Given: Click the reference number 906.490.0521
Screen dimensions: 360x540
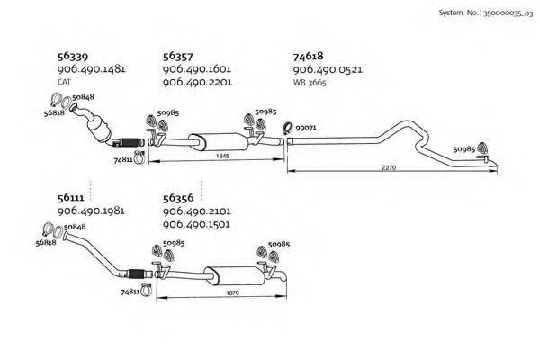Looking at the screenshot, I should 328,69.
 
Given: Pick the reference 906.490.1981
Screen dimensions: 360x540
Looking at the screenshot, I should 90,211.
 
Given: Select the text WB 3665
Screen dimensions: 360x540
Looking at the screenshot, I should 310,82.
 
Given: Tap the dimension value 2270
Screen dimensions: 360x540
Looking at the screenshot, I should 388,167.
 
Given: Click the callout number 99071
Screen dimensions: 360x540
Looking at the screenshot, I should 306,129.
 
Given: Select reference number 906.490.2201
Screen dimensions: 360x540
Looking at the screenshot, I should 198,82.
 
